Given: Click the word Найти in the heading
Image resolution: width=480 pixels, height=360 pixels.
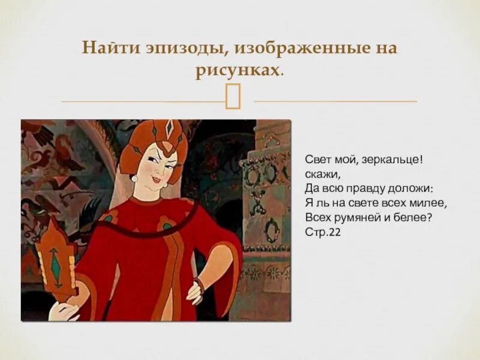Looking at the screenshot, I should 106,48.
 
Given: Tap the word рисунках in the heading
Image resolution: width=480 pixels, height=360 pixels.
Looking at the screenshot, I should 237,71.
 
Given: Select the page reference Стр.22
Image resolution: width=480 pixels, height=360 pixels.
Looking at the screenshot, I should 323,230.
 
